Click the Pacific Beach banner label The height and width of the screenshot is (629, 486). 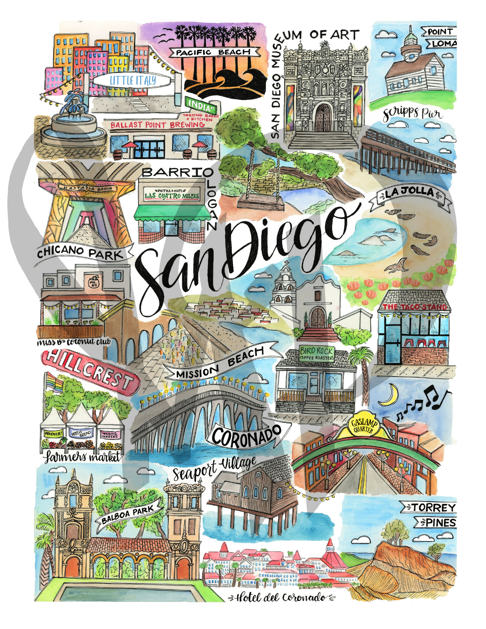213,52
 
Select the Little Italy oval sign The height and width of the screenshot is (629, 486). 133,81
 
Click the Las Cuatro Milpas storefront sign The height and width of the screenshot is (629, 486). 172,195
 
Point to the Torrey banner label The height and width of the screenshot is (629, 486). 431,507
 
